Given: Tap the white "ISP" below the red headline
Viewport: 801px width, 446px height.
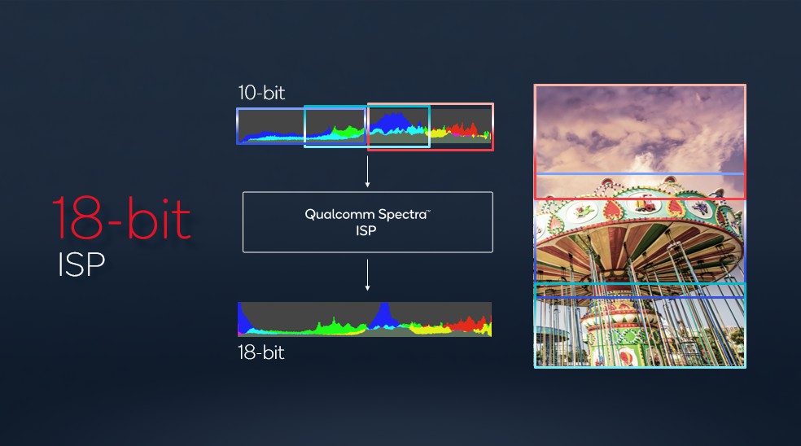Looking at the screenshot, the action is (81, 265).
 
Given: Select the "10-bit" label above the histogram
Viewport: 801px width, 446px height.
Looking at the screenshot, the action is (261, 93).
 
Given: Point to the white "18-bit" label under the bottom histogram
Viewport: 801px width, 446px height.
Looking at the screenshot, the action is (261, 352).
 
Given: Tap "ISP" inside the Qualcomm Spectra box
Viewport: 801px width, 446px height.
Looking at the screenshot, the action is (365, 230).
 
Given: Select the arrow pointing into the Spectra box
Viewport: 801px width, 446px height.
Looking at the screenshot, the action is (367, 172).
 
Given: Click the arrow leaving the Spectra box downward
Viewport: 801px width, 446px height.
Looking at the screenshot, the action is (367, 275).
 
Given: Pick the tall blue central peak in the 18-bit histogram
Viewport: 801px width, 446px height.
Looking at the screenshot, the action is (383, 316).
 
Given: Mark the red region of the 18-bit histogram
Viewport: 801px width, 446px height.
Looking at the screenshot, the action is (467, 325).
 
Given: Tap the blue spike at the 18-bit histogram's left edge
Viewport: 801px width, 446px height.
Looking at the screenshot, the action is (244, 320).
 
